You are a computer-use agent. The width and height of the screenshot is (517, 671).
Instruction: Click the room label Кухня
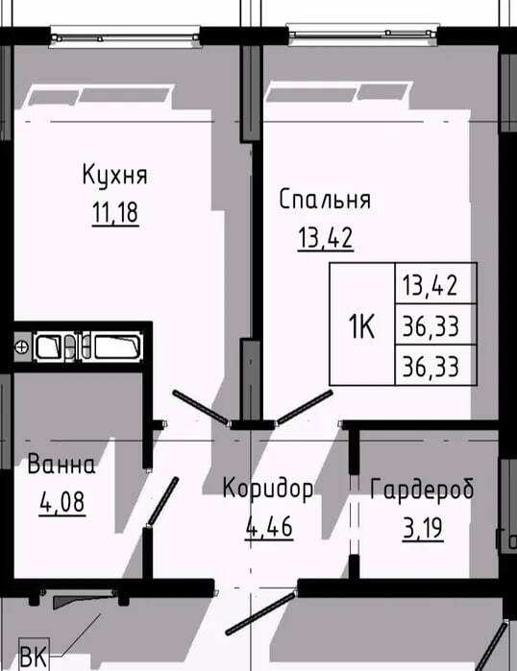pos(114,175)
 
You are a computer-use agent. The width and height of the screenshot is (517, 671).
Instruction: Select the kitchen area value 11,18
pos(115,213)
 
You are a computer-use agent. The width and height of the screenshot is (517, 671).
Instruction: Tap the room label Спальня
pos(325,200)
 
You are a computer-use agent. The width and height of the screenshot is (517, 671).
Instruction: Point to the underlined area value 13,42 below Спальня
pos(326,238)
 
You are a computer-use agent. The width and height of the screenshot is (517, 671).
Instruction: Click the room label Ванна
pos(62,465)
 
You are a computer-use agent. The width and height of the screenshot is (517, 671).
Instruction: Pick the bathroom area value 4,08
pos(62,502)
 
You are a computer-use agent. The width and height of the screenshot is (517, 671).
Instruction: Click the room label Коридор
pos(268,489)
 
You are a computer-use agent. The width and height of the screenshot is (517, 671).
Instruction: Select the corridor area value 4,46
pos(269,526)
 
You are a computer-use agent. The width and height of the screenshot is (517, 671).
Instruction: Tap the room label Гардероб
pos(422,490)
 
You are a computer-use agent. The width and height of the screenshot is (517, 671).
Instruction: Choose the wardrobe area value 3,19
pos(423,529)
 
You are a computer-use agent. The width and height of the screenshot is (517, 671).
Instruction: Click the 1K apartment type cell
pos(362,324)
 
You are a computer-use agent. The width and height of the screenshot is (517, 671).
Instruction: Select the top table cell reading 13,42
pos(435,283)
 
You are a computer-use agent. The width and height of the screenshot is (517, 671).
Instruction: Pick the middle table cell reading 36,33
pos(435,324)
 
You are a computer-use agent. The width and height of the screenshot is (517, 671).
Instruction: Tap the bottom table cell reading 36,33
pos(435,365)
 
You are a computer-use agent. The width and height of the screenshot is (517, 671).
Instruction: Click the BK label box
pos(35,655)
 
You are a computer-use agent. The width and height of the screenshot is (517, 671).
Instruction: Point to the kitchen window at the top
pos(125,36)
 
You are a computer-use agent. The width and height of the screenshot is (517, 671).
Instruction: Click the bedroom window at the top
pos(363,35)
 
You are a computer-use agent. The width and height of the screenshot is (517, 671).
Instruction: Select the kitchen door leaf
pos(200,407)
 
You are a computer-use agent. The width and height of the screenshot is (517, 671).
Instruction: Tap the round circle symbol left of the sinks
pos(22,347)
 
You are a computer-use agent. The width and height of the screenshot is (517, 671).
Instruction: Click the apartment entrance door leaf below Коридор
pos(260,612)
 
